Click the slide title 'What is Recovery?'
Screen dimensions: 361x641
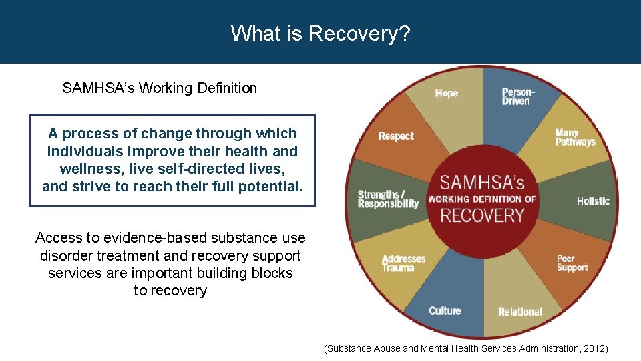[x=320, y=33]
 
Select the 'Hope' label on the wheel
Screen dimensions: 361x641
[x=446, y=93]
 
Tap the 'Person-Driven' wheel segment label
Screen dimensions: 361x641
[x=518, y=96]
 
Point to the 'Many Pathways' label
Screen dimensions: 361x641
[x=574, y=137]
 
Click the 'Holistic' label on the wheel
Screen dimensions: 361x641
[x=593, y=201]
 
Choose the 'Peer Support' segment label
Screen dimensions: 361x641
[x=572, y=263]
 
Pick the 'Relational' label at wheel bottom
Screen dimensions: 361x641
[x=519, y=312]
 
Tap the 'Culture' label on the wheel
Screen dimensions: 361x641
[x=445, y=310]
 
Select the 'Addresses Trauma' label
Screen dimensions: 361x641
[x=403, y=263]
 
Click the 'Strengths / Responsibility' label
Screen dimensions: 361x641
[x=388, y=199]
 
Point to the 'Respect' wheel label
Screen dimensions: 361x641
[x=396, y=136]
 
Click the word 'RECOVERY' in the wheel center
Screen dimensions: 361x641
[x=482, y=216]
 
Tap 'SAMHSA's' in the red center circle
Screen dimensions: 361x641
[x=482, y=182]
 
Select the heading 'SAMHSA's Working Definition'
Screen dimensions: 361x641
[x=160, y=88]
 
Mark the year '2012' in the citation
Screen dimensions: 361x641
[x=594, y=348]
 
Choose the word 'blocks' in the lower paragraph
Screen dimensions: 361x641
[x=270, y=273]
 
